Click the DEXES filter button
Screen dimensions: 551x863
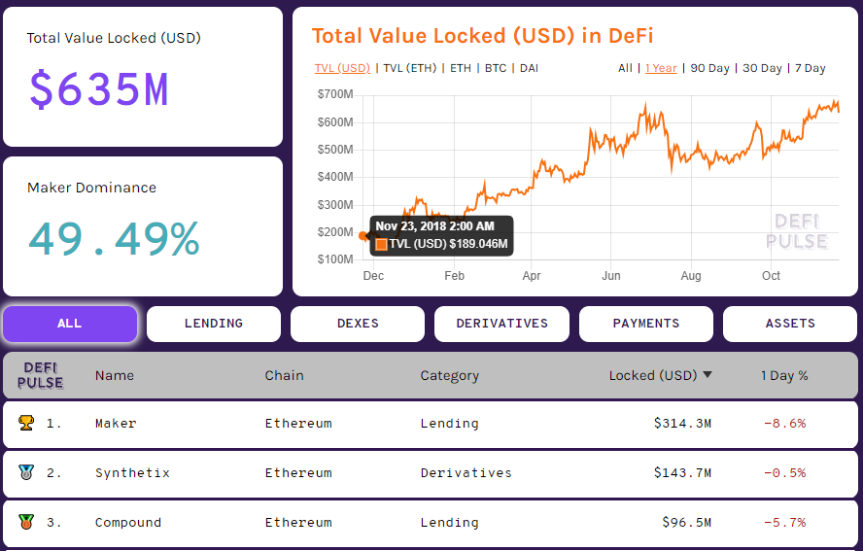[358, 324]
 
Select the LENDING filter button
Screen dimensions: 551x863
[214, 324]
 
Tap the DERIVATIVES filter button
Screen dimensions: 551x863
[501, 324]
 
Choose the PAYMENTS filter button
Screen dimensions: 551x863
[645, 324]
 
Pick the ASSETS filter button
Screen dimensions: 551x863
[790, 324]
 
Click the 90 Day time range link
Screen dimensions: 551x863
[709, 68]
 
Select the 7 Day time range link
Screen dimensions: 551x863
[810, 68]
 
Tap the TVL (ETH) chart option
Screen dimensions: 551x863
[409, 68]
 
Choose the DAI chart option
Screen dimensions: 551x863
[529, 68]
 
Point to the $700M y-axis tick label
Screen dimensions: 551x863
[334, 94]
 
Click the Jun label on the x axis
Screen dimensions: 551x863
[611, 276]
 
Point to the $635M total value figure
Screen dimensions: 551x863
[99, 89]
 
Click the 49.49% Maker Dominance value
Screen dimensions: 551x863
[114, 239]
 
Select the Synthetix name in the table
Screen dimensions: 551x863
[132, 473]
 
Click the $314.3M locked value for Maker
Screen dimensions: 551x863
[682, 424]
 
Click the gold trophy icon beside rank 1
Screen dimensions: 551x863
[25, 424]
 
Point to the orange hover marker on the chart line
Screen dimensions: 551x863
[363, 235]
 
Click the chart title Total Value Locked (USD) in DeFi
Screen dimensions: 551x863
[482, 36]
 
